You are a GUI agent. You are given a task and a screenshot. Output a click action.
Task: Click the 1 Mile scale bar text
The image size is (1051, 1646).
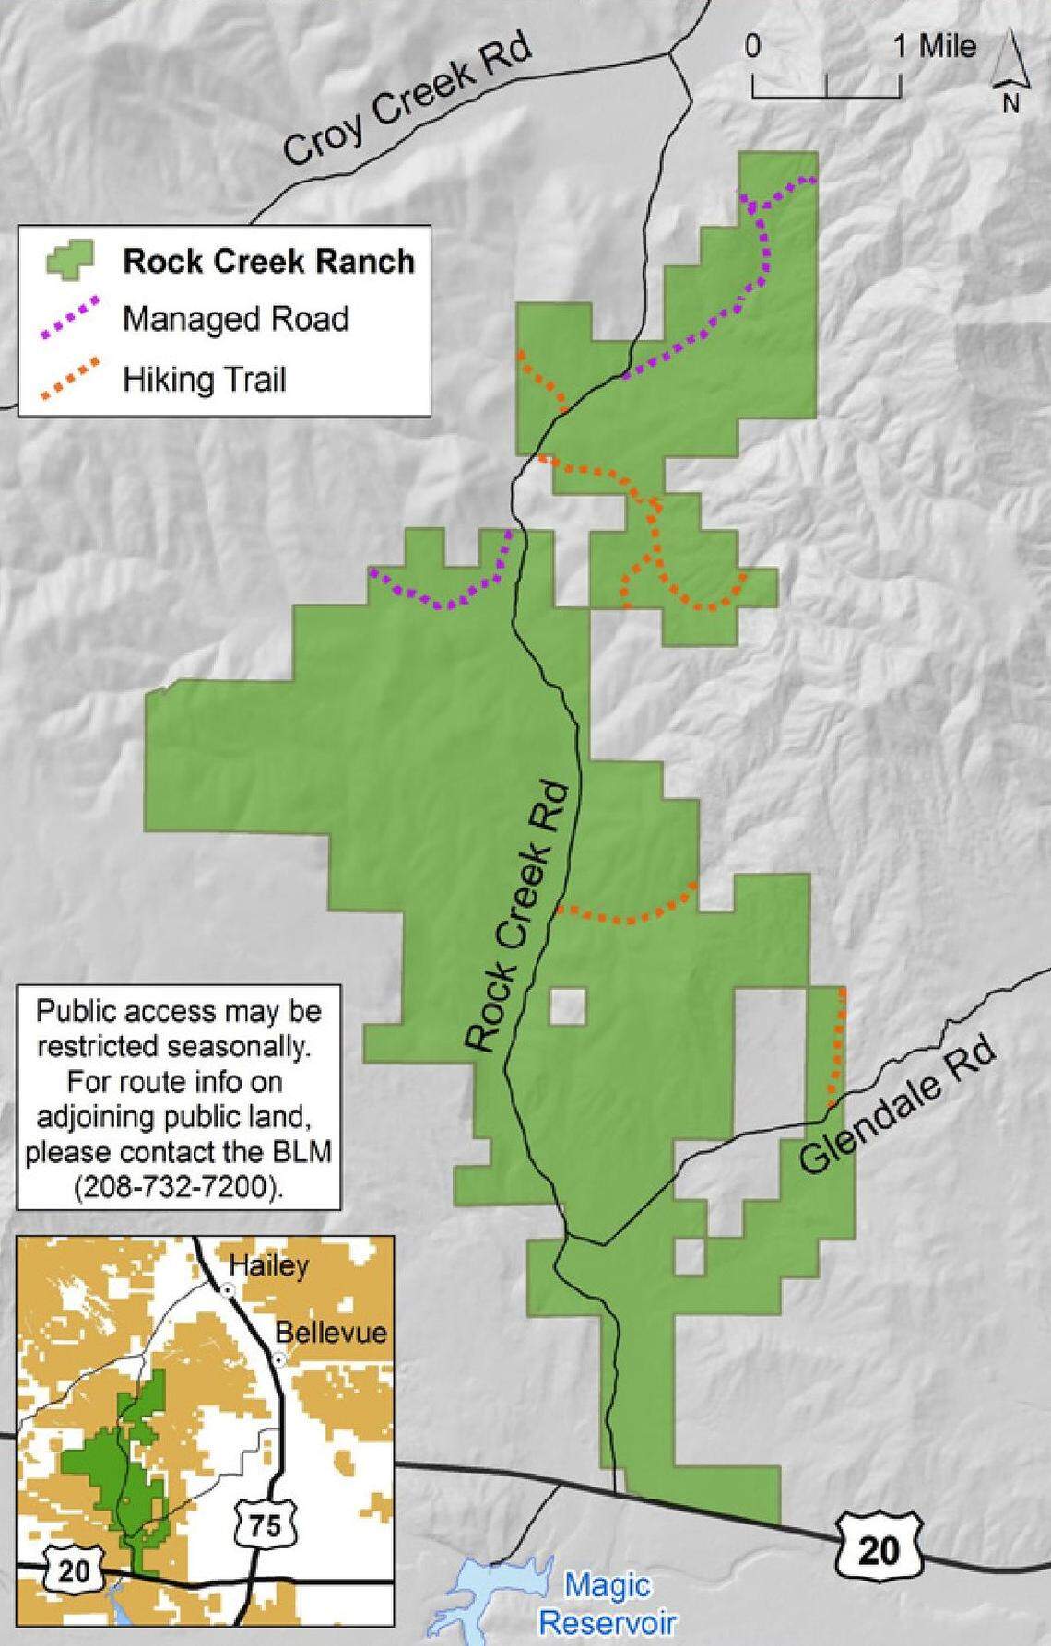point(934,47)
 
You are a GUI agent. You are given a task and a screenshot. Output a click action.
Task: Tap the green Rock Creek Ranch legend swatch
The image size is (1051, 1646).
point(70,261)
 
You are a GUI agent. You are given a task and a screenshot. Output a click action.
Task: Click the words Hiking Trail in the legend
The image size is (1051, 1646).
point(205,379)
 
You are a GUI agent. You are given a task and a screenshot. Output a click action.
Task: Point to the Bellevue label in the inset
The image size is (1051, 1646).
point(331,1332)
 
